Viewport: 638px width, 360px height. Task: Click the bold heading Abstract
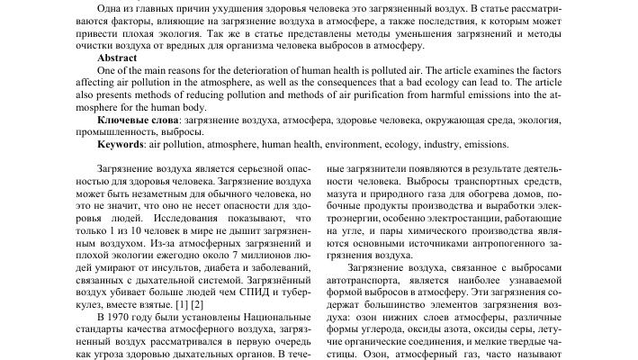click(116, 57)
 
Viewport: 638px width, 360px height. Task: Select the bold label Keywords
click(121, 144)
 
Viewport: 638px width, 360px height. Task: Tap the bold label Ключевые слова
click(136, 119)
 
